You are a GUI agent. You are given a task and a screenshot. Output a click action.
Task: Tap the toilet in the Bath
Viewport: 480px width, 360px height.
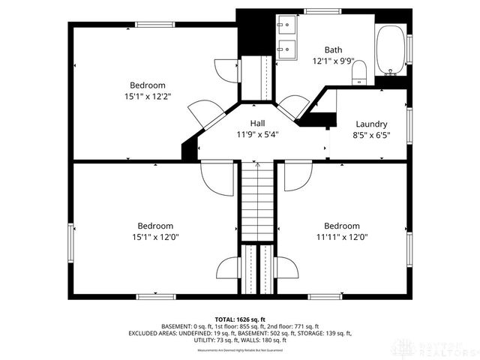pos(358,70)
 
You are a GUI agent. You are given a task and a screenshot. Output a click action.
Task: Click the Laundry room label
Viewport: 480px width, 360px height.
pos(371,124)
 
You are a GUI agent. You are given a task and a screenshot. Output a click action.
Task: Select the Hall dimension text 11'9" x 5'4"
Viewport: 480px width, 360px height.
pos(259,135)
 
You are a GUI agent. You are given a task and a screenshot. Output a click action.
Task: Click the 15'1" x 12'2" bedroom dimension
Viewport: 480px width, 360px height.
pos(147,97)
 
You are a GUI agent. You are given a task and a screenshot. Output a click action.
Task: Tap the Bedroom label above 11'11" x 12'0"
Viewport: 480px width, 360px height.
pos(342,226)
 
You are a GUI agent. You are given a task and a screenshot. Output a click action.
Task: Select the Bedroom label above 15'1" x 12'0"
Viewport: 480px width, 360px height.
pos(155,226)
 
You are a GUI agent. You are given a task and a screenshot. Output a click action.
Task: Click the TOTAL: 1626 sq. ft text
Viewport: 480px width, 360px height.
pos(240,319)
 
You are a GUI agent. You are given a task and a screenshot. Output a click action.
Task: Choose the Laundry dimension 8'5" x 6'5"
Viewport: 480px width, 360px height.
pos(371,135)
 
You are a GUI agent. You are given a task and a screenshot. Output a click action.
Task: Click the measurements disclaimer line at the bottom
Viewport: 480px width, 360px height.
pos(240,350)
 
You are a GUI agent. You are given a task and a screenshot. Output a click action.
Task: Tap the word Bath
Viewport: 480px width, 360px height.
pos(334,49)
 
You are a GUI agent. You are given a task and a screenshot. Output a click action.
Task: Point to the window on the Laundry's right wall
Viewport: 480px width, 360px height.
pos(408,124)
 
